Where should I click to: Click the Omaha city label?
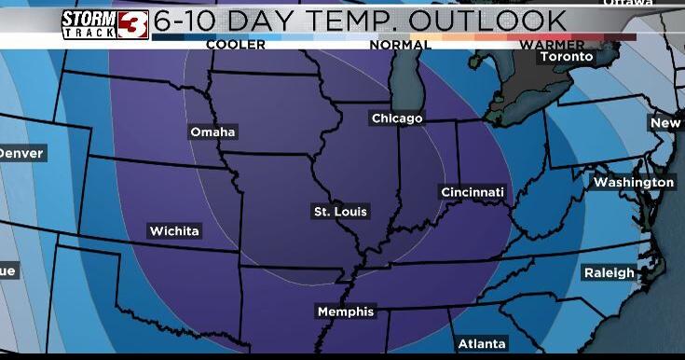click(212, 132)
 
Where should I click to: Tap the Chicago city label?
click(397, 118)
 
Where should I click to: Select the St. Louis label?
click(340, 212)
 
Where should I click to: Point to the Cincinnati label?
click(473, 192)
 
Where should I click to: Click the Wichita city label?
click(174, 230)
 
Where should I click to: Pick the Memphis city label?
click(346, 312)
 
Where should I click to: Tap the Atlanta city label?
click(482, 344)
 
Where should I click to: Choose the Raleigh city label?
click(609, 272)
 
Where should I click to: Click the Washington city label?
click(634, 182)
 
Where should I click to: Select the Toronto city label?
click(566, 57)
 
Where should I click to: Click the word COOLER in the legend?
click(235, 45)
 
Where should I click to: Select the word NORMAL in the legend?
click(401, 45)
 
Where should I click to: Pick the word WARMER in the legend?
click(553, 45)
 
